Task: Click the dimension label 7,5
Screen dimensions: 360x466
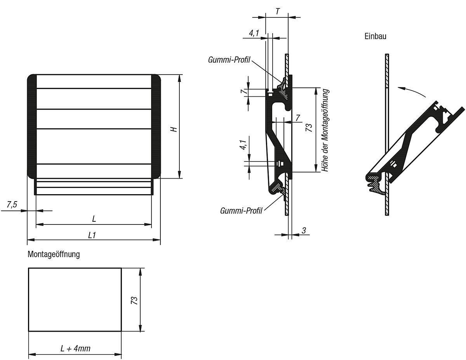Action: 12,205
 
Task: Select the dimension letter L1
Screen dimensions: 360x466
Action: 92,235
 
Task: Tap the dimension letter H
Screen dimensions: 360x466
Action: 175,129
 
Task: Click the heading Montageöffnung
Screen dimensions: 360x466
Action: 54,254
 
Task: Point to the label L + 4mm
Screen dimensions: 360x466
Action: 75,348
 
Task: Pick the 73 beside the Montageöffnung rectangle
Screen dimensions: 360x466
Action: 134,300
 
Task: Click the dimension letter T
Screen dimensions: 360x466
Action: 278,12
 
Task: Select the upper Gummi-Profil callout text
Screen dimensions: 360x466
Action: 229,60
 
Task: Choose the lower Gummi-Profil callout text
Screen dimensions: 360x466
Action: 241,210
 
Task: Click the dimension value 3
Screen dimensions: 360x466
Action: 304,230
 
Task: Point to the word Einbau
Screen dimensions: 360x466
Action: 375,36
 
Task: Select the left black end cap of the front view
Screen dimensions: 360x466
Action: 31,126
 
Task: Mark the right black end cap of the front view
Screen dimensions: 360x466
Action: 156,126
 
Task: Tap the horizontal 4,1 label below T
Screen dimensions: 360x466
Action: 254,33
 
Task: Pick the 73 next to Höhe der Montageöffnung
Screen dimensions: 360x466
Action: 309,128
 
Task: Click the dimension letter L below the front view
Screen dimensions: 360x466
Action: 94,219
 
